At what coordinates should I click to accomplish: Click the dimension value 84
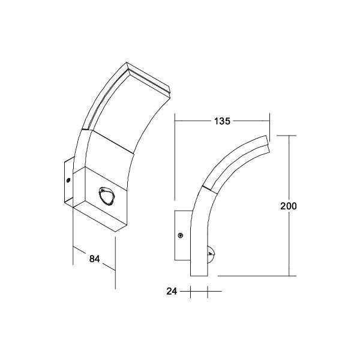pyautogui.click(x=94, y=259)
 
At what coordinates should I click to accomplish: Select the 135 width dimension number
pyautogui.click(x=221, y=121)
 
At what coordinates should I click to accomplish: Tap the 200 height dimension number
pyautogui.click(x=289, y=206)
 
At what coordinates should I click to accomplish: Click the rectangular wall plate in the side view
pyautogui.click(x=182, y=236)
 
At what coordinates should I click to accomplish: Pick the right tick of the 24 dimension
pyautogui.click(x=207, y=292)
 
